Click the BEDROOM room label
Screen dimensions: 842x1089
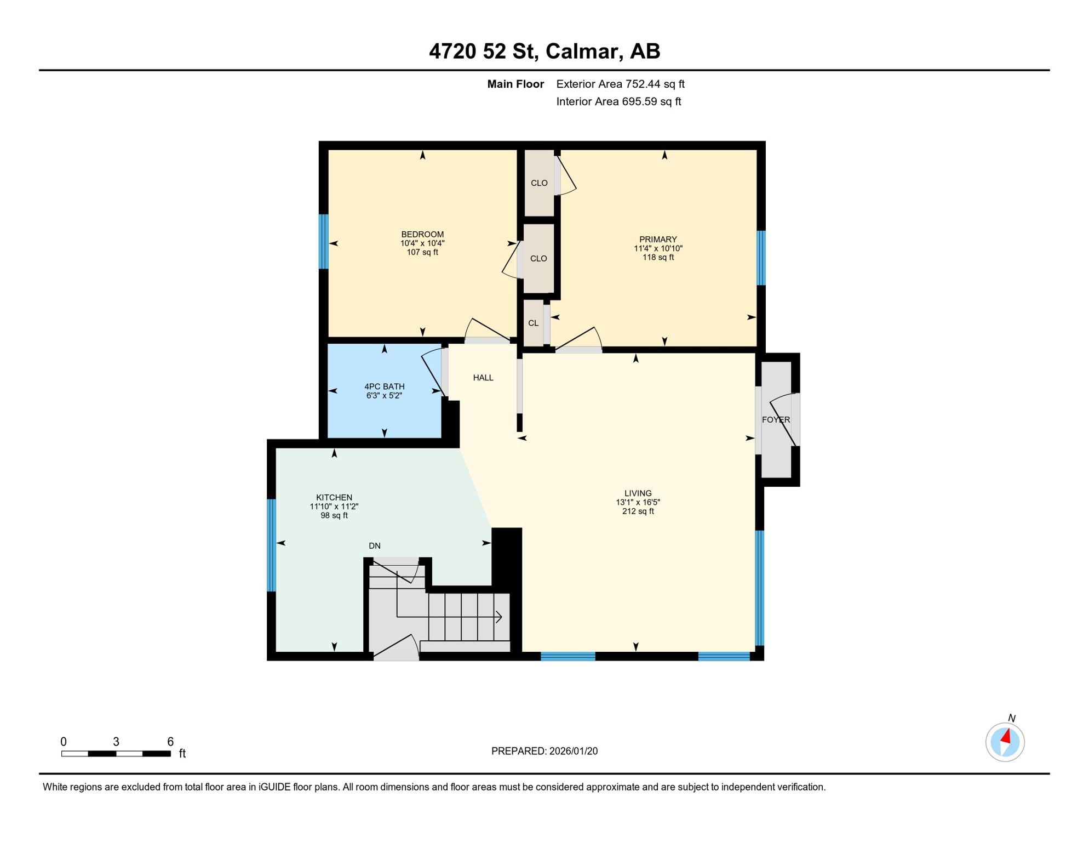point(422,234)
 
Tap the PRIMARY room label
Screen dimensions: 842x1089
point(657,239)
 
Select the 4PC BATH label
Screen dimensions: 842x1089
point(384,386)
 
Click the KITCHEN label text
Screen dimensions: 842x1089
point(334,497)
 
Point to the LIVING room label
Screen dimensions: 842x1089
point(638,493)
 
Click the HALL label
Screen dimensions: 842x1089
point(483,378)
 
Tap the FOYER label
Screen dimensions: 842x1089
point(775,419)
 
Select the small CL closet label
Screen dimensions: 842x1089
point(532,323)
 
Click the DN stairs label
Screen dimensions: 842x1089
point(374,545)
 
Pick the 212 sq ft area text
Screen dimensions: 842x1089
point(638,511)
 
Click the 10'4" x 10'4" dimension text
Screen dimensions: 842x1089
point(422,243)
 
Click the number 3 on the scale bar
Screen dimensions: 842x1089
point(116,741)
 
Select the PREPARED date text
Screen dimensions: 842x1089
point(544,751)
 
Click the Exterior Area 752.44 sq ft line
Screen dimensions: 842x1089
point(620,84)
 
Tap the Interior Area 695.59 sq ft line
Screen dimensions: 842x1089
point(618,101)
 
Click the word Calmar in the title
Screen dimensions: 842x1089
point(583,51)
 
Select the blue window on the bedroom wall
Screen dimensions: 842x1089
point(324,241)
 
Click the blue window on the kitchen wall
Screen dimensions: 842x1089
point(271,545)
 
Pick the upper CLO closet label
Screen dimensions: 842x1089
point(538,183)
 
